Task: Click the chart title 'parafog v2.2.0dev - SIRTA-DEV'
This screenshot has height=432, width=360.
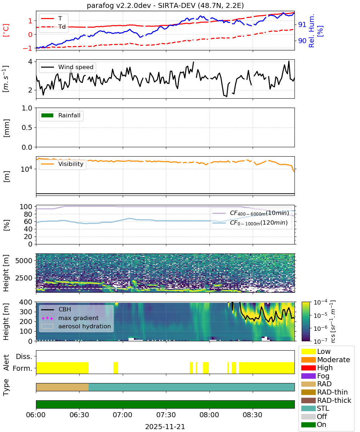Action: [x=141, y=5]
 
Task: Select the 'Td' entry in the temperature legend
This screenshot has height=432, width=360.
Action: [x=62, y=27]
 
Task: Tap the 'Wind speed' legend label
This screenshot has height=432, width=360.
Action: [x=76, y=67]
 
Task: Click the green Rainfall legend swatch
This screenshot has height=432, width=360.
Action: [x=48, y=116]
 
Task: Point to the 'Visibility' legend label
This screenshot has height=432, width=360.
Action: [x=71, y=164]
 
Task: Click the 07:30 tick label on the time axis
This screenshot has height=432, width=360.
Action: [x=166, y=415]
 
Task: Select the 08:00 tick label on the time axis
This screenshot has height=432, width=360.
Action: [x=209, y=415]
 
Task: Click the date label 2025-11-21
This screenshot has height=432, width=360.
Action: [x=165, y=427]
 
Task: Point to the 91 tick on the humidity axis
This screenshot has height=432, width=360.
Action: [x=302, y=24]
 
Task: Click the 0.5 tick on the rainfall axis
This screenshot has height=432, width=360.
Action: [x=27, y=128]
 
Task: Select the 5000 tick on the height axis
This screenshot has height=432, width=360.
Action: [x=24, y=261]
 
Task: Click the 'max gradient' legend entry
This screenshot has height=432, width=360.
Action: [x=78, y=318]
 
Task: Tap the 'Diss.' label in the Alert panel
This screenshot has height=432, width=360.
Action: [x=24, y=356]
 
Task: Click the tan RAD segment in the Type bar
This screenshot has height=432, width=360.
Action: [x=62, y=387]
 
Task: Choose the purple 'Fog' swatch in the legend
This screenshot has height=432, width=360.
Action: [x=308, y=376]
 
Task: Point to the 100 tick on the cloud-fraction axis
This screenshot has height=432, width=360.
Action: [x=26, y=207]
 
